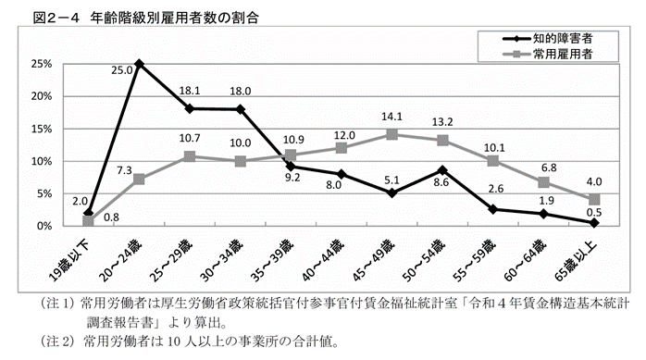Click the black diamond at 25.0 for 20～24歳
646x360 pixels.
point(138,64)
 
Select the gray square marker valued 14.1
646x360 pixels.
point(392,134)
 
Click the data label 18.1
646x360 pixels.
point(189,92)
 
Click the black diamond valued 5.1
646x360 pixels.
point(392,192)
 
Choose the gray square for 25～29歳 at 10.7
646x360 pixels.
point(189,156)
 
